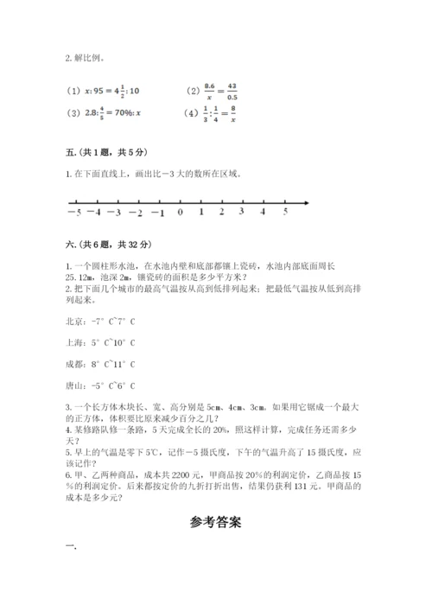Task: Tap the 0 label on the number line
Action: [180, 212]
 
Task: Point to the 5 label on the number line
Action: [286, 212]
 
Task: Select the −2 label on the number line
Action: [136, 212]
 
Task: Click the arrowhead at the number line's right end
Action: [307, 203]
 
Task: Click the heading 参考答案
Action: [215, 523]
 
